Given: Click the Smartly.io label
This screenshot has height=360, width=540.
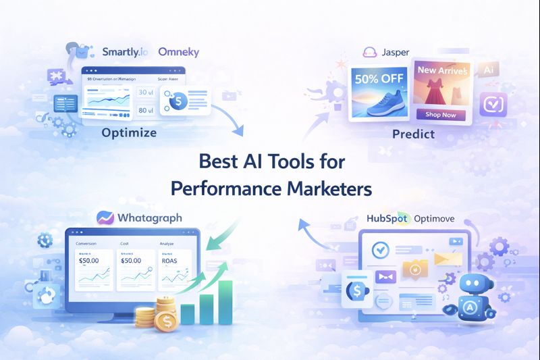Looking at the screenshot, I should click(x=126, y=51).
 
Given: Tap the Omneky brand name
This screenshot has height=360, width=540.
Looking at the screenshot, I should click(x=178, y=51).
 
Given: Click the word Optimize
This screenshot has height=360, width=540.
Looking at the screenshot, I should click(x=129, y=132).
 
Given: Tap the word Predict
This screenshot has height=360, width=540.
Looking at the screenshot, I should click(x=414, y=134).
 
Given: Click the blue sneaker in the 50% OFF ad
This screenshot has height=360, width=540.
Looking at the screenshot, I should click(x=381, y=101).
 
